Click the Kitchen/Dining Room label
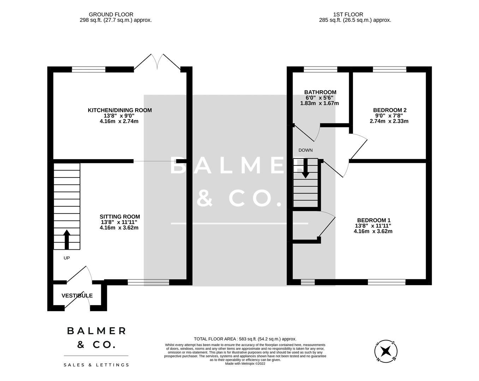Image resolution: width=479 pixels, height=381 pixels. (x=120, y=110)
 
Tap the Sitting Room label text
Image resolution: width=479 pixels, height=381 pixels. (x=120, y=217)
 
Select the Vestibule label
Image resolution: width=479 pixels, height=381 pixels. (x=77, y=296)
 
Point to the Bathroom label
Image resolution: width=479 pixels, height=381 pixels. (x=320, y=92)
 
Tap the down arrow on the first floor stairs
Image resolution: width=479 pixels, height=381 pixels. (x=305, y=168)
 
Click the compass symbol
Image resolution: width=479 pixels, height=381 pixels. (x=386, y=351)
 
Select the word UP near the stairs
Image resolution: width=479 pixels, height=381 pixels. (x=67, y=258)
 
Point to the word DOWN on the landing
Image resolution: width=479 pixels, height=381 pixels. (x=305, y=150)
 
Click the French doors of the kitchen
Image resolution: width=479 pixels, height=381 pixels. (x=157, y=62)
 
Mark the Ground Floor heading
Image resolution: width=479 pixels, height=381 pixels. (x=111, y=14)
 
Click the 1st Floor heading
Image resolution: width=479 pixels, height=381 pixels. (x=348, y=14)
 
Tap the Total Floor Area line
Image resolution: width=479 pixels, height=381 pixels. (x=245, y=339)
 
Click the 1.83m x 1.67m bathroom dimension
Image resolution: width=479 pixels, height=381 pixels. (x=319, y=103)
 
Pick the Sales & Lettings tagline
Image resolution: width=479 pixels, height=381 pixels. (x=96, y=365)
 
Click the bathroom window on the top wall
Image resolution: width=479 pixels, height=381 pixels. (x=320, y=69)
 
